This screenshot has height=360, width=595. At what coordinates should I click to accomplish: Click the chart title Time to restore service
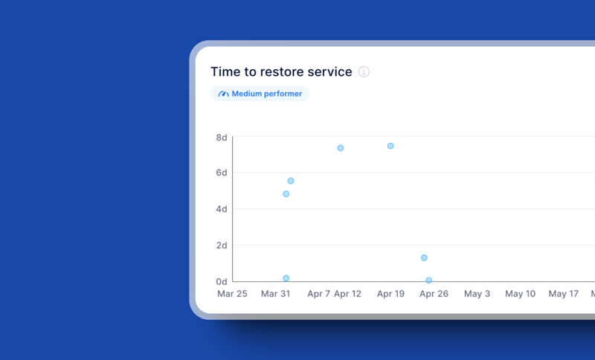(281, 72)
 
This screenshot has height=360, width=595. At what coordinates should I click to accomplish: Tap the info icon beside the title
(364, 72)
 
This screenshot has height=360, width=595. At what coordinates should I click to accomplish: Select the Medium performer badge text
(267, 94)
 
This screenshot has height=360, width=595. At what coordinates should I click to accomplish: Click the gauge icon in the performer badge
(223, 94)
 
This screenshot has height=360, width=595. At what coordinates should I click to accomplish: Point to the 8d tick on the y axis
(222, 138)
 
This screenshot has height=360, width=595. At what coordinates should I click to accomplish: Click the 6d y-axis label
(222, 173)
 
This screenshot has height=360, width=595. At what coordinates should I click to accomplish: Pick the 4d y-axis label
(222, 210)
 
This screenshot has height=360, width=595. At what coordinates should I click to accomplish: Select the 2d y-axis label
(222, 245)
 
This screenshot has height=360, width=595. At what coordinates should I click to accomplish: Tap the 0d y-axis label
(222, 282)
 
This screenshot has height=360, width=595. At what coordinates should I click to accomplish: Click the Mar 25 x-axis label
(232, 295)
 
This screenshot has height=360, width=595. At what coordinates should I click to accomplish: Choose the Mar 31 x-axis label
(275, 295)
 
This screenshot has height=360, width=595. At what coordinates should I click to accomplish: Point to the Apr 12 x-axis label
(347, 295)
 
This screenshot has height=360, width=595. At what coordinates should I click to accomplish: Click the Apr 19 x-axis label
(390, 295)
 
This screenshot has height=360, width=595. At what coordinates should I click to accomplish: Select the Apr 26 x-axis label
(434, 295)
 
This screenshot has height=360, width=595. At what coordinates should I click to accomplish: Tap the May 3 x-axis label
(477, 295)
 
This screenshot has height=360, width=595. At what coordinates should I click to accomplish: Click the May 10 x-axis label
(520, 295)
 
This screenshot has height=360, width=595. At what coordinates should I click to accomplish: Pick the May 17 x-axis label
(563, 295)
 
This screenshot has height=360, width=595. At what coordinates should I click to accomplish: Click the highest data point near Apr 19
(390, 146)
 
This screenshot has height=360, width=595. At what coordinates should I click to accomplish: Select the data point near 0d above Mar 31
(286, 278)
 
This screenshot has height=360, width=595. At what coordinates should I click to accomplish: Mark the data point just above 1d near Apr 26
(424, 258)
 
